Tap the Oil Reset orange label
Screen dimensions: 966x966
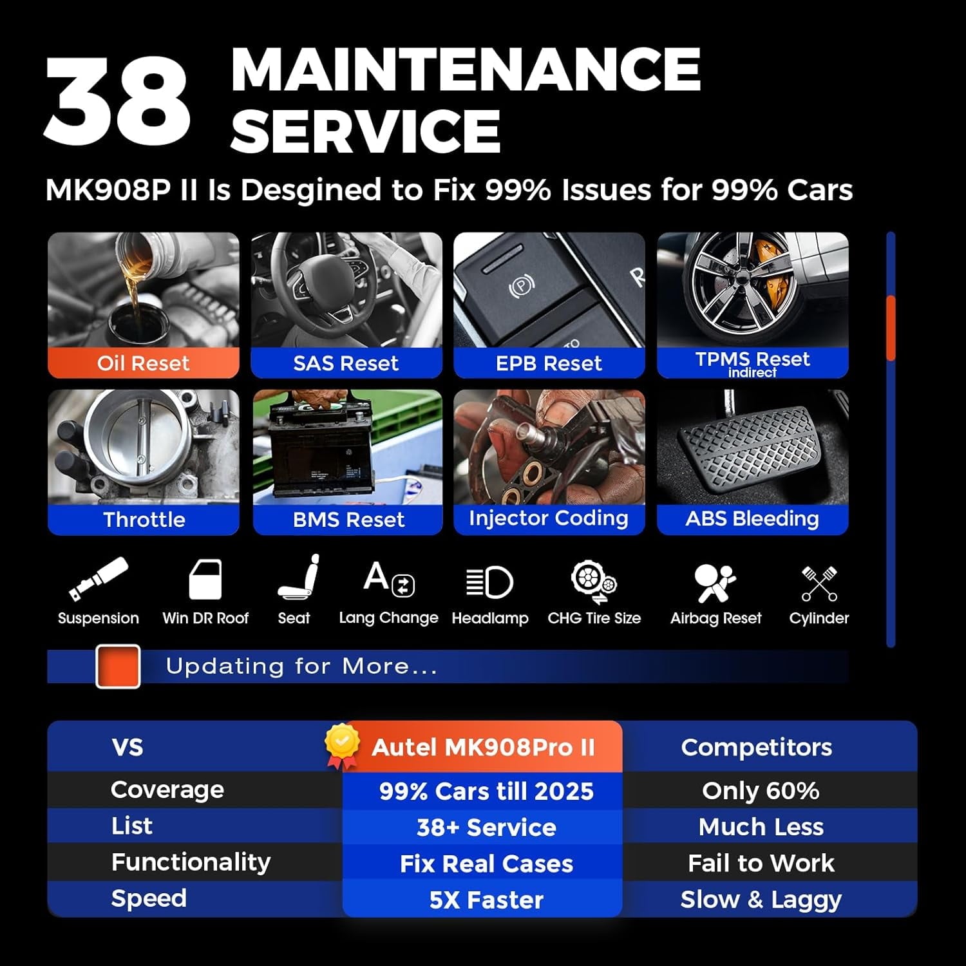[143, 363]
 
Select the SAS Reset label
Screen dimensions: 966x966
[346, 363]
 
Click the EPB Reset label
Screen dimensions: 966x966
[549, 363]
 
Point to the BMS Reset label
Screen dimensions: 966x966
[348, 520]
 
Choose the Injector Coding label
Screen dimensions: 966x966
[549, 519]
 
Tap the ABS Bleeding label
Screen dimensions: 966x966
[752, 519]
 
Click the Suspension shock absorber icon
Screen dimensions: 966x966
[98, 579]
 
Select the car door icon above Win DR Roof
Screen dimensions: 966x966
[205, 580]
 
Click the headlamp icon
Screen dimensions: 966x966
[489, 583]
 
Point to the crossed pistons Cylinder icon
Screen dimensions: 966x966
[819, 583]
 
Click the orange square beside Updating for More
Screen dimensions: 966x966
[118, 667]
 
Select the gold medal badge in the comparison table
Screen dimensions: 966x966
[342, 746]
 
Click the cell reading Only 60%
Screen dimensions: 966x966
[761, 791]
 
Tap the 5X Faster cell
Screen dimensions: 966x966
[486, 900]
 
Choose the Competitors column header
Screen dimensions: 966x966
[757, 747]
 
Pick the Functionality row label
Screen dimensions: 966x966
[191, 862]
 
